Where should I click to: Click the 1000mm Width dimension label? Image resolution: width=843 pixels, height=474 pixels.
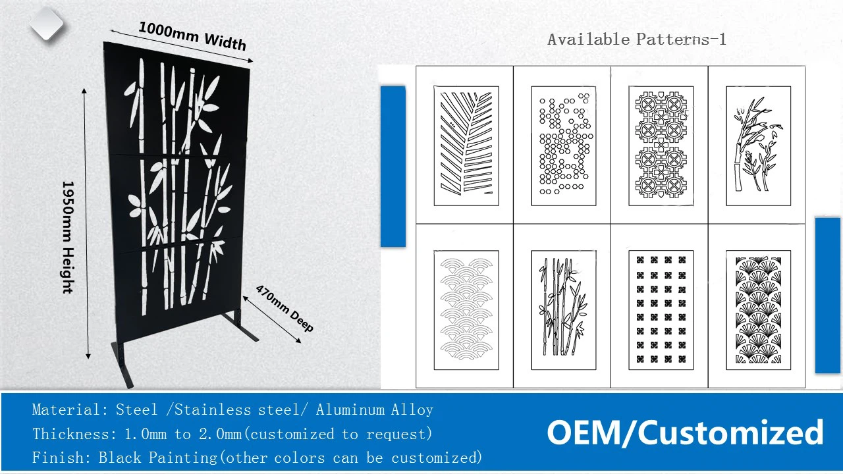coord(193,36)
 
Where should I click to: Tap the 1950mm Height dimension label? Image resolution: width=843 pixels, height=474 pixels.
coord(68,238)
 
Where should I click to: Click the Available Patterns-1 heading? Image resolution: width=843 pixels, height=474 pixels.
coord(636,39)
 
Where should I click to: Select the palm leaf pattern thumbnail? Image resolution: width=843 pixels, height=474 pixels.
coord(466,145)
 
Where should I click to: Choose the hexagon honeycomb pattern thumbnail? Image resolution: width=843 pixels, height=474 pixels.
coord(564,145)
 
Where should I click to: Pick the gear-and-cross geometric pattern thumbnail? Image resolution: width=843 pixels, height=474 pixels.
coord(661,145)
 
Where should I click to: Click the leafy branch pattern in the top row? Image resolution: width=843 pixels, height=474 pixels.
coord(758,145)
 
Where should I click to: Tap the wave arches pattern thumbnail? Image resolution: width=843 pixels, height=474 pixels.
coord(466,310)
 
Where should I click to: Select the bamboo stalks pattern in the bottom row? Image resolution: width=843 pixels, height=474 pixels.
coord(564,310)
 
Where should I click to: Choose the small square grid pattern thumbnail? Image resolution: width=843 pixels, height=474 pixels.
coord(661,310)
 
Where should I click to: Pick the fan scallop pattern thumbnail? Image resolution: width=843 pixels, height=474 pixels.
coord(758,310)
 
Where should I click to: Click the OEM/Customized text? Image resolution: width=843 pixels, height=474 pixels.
coord(685,433)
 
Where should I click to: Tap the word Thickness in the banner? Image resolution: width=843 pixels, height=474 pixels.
coord(71,434)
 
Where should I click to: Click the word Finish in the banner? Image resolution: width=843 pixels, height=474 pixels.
coord(57,458)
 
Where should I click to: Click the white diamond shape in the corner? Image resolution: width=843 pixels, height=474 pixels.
coord(47,23)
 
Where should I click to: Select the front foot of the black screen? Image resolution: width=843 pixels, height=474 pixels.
coord(122,365)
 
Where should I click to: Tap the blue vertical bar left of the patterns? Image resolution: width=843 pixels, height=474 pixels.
coord(393,167)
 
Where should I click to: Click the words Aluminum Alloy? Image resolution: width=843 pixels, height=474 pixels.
coord(375,409)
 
